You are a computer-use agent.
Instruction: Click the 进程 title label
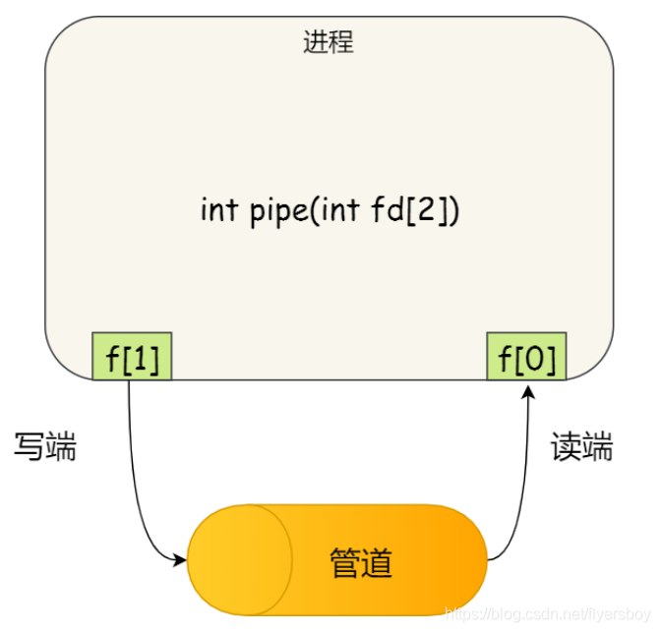[x=328, y=43]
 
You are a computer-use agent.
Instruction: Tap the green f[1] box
[x=132, y=357]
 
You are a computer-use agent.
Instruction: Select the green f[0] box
[x=527, y=357]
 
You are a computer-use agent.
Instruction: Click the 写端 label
[x=45, y=448]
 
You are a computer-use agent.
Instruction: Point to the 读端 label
[x=581, y=448]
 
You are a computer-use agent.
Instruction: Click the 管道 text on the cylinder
[x=360, y=563]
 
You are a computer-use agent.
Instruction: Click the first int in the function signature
[x=217, y=210]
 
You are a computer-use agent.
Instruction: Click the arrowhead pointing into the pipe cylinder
[x=180, y=561]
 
